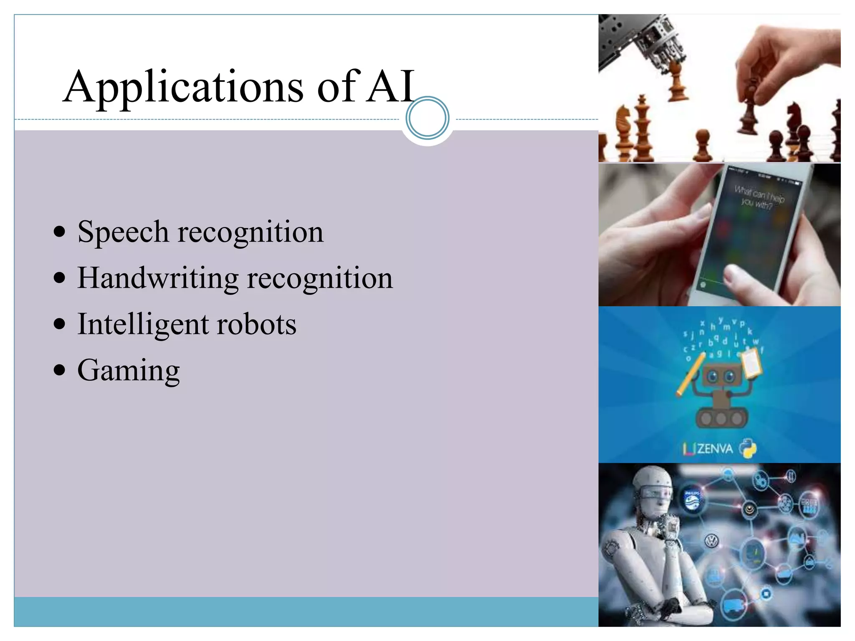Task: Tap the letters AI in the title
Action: [x=390, y=87]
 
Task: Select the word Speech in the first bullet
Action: [x=123, y=232]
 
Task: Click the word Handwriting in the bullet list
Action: [x=158, y=278]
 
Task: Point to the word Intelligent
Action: [x=142, y=324]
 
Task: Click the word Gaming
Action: [x=129, y=371]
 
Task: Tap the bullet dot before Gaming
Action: [x=60, y=370]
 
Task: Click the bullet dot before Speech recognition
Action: [x=60, y=231]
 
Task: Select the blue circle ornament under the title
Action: [x=427, y=118]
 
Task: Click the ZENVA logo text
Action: [x=714, y=449]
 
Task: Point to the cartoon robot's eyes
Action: [x=721, y=376]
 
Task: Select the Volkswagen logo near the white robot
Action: [x=711, y=541]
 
